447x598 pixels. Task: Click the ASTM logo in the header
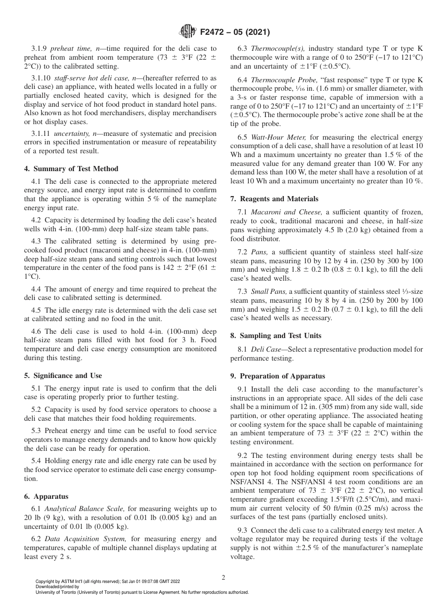(x=188, y=32)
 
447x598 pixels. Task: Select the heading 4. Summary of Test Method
(x=71, y=169)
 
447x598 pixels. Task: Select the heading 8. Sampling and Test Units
(x=276, y=336)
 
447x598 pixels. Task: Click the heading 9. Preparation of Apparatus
(x=278, y=376)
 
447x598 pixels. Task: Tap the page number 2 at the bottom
(x=223, y=577)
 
